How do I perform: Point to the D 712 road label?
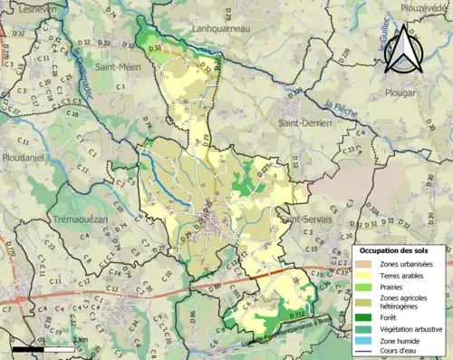[296, 315]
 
